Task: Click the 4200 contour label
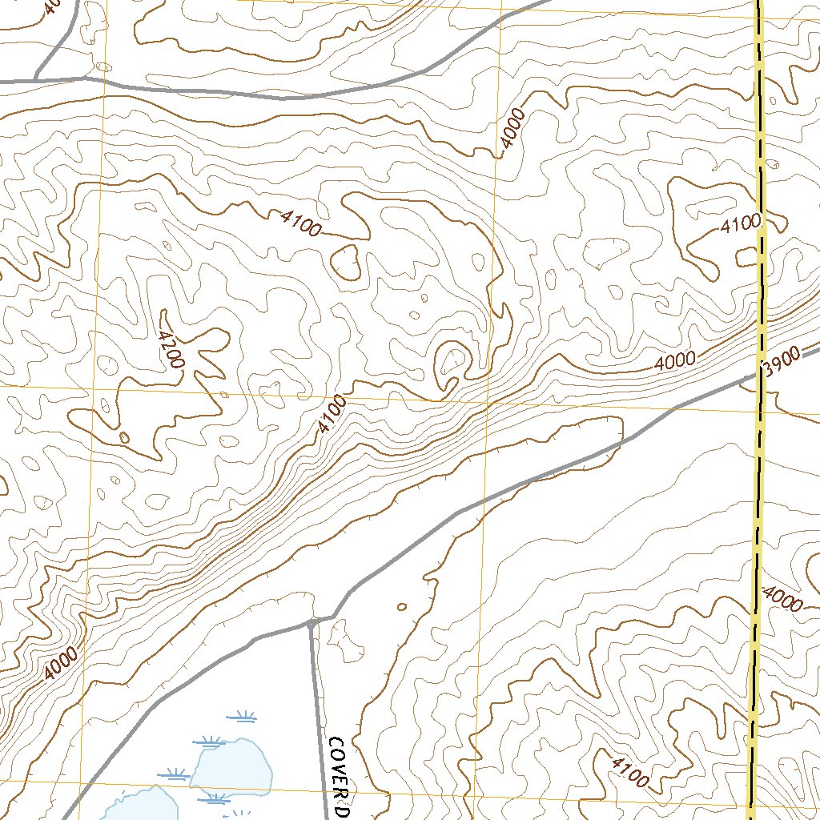170,350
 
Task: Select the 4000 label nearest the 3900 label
675,362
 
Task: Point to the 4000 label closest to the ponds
61,663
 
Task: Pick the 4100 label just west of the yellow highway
739,225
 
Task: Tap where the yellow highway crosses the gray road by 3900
759,373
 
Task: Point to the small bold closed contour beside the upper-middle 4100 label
347,262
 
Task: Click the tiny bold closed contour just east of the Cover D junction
402,606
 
